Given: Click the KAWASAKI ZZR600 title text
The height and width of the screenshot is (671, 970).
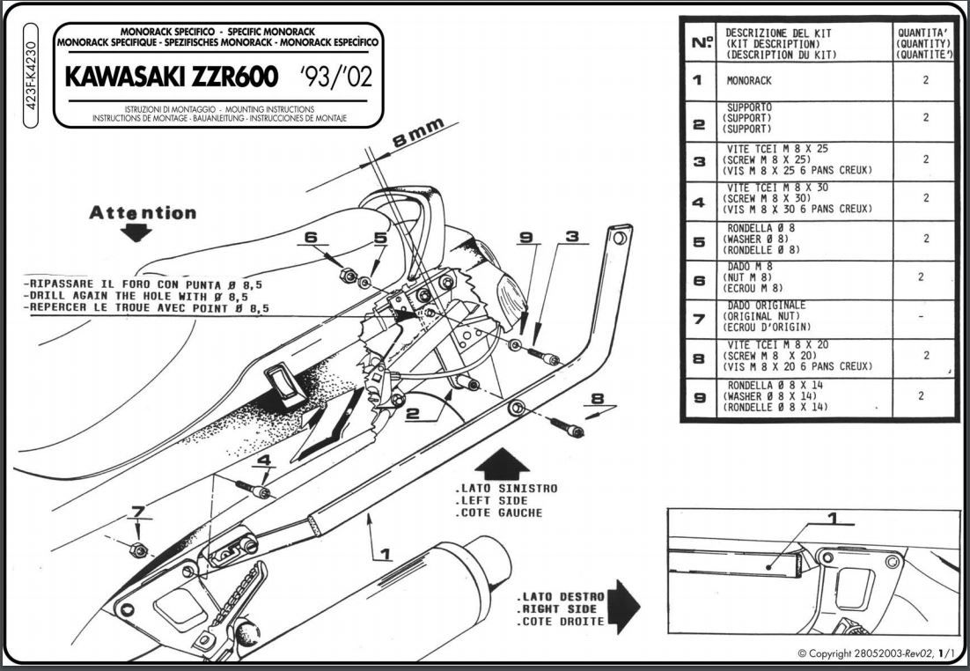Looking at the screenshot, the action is coord(172,76).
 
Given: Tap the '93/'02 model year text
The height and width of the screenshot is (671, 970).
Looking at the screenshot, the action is coord(336,77).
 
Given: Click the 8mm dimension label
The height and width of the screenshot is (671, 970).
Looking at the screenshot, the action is coord(419,132).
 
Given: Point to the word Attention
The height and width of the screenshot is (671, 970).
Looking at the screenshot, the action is coord(143,212).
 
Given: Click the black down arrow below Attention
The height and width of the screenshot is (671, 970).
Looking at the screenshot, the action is coord(136,232).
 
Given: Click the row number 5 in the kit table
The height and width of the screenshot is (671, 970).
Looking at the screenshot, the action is coord(699,242).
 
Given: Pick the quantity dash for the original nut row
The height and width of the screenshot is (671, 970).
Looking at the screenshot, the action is coord(922,317).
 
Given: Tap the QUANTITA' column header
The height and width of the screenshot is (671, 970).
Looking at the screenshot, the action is coord(923,43).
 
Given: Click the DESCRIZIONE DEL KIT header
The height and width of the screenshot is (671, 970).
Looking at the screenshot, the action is coord(778,33).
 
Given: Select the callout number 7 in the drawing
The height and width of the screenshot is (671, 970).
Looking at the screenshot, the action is coord(138,512).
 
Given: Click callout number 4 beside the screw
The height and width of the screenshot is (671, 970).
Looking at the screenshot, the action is coord(264,460).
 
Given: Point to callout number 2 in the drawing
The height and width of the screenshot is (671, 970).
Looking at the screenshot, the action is coord(413,414).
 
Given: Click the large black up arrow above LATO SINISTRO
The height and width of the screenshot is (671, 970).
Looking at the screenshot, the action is coord(504,462).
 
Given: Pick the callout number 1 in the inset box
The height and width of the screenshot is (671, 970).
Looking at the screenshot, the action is coord(834,518).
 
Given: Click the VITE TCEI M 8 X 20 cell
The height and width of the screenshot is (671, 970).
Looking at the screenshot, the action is coord(798,356).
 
